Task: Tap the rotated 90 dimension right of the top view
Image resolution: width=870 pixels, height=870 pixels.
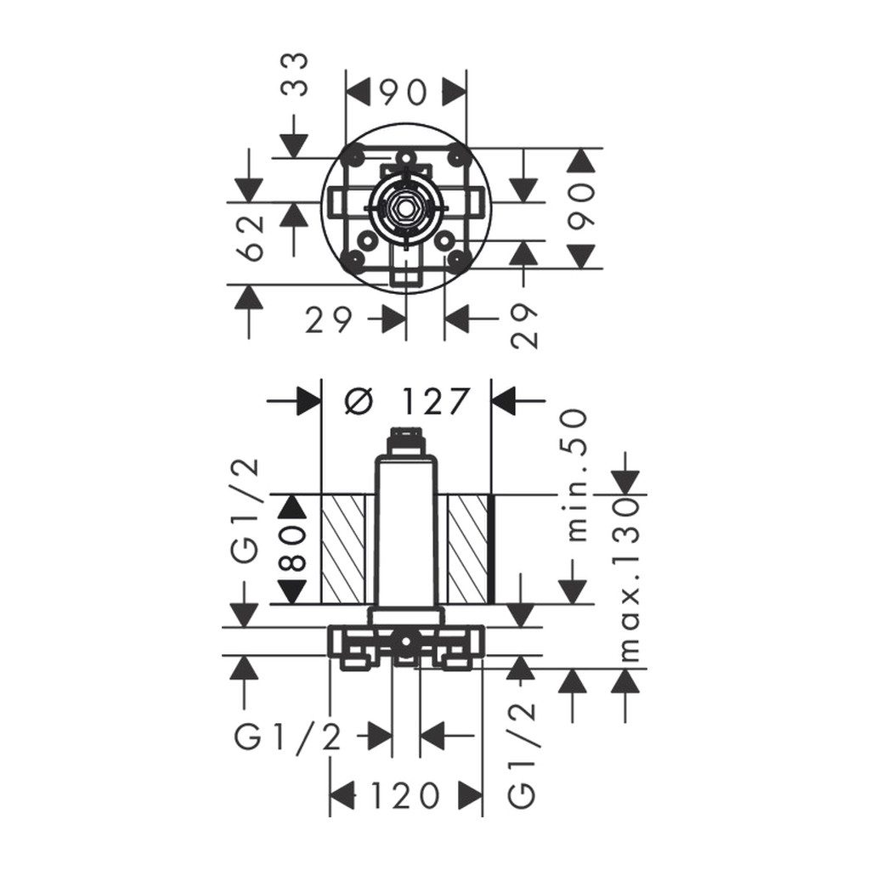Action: click(582, 207)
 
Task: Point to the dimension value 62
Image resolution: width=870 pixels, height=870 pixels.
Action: click(251, 239)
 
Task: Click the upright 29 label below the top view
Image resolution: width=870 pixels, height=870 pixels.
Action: click(329, 320)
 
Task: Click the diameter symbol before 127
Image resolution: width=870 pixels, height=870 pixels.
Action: click(357, 401)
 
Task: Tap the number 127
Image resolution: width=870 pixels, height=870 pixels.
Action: click(432, 401)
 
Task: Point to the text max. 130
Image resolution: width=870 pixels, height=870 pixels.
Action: click(629, 579)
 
